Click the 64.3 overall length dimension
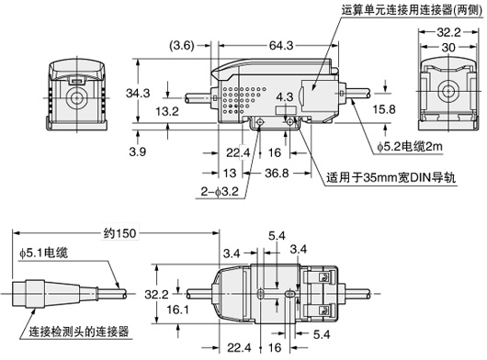[x=275, y=43]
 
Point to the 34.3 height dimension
[x=138, y=93]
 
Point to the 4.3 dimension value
[x=285, y=96]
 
